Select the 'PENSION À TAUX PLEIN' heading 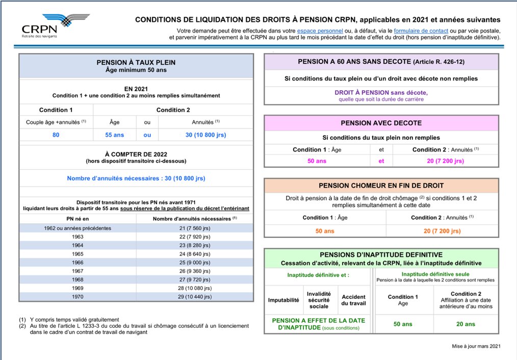point(136,63)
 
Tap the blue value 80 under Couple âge point(56,135)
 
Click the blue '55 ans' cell point(115,135)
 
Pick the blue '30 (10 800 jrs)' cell point(205,135)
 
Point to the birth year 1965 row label point(77,253)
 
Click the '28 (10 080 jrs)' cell point(195,288)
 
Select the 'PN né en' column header point(77,219)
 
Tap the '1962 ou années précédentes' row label point(77,228)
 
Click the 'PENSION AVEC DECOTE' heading point(381,123)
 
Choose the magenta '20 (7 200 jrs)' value point(446,161)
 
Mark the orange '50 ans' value point(325,231)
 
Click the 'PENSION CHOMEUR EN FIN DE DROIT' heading point(381,186)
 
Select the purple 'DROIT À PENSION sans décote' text point(381,92)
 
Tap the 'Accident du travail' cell point(353,300)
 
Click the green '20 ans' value point(466,324)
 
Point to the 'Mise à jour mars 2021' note point(476,346)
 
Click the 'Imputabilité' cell point(283,300)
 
